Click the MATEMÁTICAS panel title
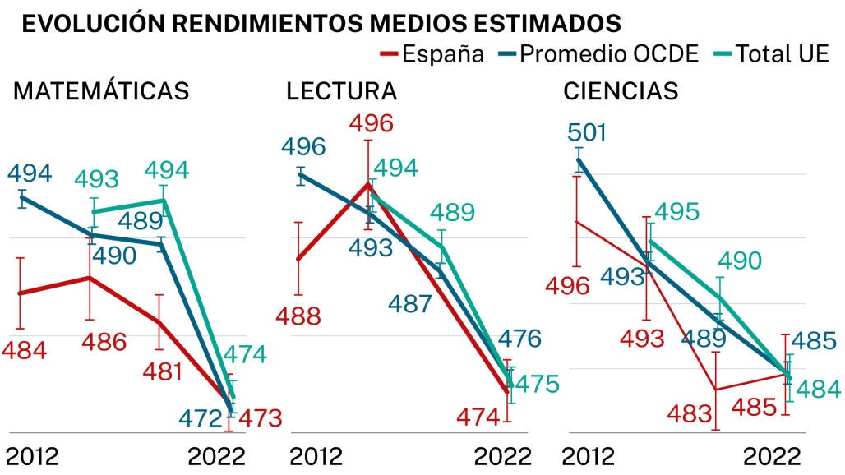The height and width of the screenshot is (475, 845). [101, 90]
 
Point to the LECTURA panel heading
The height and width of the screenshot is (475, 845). [341, 90]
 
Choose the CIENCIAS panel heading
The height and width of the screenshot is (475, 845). [621, 90]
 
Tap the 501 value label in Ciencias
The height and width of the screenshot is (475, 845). [586, 132]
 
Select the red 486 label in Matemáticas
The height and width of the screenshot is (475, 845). [104, 341]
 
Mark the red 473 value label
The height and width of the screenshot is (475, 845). [260, 418]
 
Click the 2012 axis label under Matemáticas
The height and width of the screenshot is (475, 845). [32, 456]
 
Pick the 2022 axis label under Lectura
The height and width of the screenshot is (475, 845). [503, 456]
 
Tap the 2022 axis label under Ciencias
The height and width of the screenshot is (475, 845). [772, 456]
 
